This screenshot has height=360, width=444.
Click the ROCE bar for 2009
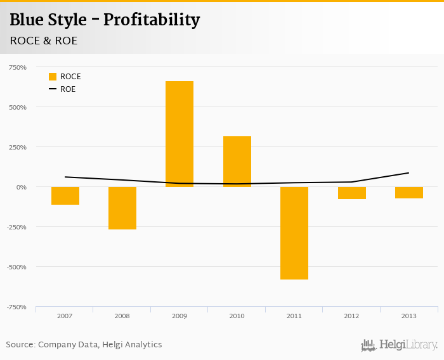(180, 134)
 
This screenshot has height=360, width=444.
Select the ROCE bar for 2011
(294, 233)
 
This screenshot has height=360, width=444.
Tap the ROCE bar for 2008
(122, 208)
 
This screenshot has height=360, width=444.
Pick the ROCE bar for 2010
(237, 162)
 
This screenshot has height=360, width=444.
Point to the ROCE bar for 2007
(65, 196)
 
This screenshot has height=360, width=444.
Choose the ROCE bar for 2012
(351, 193)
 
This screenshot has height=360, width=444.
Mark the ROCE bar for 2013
(409, 193)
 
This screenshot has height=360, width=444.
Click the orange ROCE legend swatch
(53, 77)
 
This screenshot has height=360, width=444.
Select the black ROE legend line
(53, 89)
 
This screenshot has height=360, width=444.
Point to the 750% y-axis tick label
(17, 67)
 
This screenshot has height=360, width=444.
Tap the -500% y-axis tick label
(16, 267)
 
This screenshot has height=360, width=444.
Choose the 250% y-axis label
(17, 147)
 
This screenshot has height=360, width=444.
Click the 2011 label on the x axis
(294, 316)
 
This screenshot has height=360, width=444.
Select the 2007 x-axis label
(65, 316)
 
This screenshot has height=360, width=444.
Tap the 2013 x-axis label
(409, 316)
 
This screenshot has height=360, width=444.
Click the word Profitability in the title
(152, 20)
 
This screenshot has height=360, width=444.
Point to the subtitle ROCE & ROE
(44, 41)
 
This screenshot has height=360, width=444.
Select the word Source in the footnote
(20, 345)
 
